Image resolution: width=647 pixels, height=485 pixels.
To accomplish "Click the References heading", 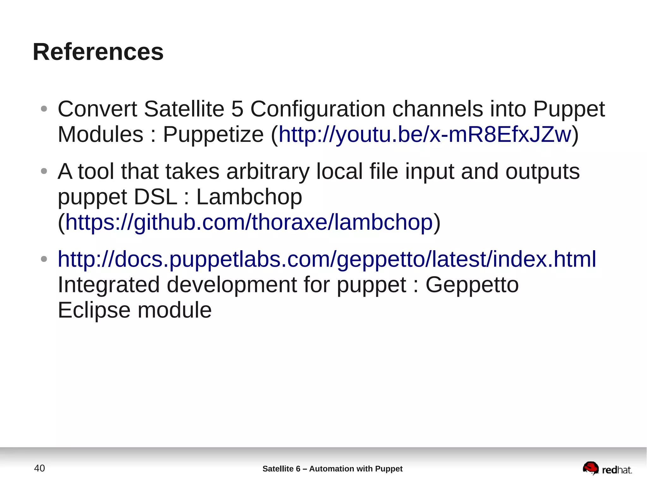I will pyautogui.click(x=98, y=52).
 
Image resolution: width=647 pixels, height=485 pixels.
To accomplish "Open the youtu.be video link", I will pyautogui.click(x=425, y=135).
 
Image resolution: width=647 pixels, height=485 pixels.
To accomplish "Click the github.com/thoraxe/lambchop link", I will pyautogui.click(x=249, y=222).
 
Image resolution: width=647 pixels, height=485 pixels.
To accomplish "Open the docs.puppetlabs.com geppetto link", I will pyautogui.click(x=327, y=259).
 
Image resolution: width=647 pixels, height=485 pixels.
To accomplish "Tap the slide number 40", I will pyautogui.click(x=39, y=468).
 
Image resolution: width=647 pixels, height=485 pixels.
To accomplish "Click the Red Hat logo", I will pyautogui.click(x=607, y=469).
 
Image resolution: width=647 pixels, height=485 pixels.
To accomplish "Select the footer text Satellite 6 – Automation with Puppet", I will pyautogui.click(x=332, y=469).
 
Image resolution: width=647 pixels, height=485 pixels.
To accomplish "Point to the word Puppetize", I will pyautogui.click(x=213, y=135).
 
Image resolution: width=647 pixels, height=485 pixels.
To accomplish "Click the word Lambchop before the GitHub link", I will pyautogui.click(x=249, y=197).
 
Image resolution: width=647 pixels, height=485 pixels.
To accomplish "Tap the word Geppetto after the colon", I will pyautogui.click(x=472, y=285).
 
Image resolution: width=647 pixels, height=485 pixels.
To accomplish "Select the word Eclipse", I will pyautogui.click(x=94, y=310).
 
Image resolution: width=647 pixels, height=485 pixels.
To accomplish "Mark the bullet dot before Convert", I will pyautogui.click(x=44, y=109).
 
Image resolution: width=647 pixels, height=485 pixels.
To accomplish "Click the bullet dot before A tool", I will pyautogui.click(x=44, y=172).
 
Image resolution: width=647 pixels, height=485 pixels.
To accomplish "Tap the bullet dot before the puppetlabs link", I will pyautogui.click(x=44, y=259).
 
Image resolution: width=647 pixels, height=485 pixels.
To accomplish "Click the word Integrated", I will pyautogui.click(x=109, y=285).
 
